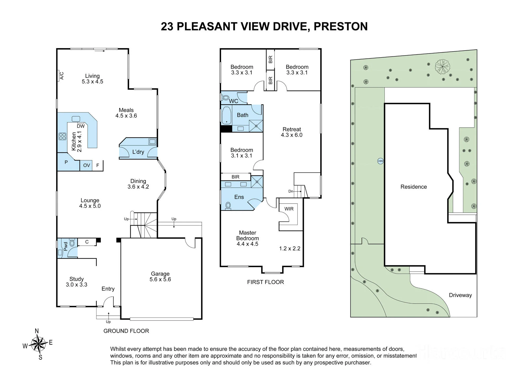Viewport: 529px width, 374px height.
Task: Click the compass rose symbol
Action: click(x=39, y=344)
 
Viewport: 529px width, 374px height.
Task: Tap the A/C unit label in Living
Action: click(x=62, y=76)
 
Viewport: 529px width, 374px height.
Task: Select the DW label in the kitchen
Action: click(x=81, y=126)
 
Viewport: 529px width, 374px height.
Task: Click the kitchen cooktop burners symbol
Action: click(x=62, y=136)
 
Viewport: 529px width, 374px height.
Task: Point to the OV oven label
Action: click(x=86, y=165)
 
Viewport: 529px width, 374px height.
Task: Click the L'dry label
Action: click(x=138, y=152)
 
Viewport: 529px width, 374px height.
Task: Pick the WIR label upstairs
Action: click(x=289, y=209)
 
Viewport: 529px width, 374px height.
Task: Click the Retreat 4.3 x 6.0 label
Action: click(x=292, y=132)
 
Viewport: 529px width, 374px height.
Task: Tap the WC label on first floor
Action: click(x=234, y=101)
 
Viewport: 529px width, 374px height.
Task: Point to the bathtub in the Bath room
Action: click(x=226, y=115)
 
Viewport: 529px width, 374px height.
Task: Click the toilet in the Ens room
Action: click(x=228, y=205)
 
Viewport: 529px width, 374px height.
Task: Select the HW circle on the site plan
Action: click(x=380, y=161)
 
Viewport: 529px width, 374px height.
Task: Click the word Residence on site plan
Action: click(x=414, y=187)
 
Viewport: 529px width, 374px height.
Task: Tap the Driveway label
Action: click(x=460, y=295)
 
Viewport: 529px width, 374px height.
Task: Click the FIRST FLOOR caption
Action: click(x=266, y=282)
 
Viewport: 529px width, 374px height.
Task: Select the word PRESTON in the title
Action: click(x=341, y=26)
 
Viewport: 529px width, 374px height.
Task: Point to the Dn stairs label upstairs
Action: click(x=291, y=191)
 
